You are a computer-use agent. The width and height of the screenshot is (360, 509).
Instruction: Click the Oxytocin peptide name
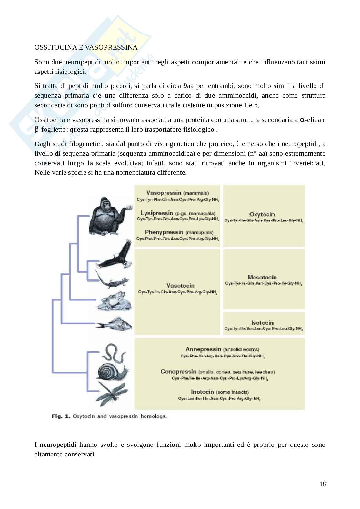pyautogui.click(x=262, y=214)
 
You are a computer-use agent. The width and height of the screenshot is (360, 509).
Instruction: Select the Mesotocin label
pyautogui.click(x=262, y=277)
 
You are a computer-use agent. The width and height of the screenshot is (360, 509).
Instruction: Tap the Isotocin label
pyautogui.click(x=262, y=323)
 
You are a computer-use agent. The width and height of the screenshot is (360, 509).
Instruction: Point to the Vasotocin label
pyautogui.click(x=180, y=285)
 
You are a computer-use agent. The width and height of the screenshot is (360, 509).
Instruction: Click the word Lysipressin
pyautogui.click(x=157, y=213)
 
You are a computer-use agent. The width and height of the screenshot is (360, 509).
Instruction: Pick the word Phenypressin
pyautogui.click(x=164, y=232)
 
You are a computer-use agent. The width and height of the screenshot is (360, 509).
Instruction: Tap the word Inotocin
pyautogui.click(x=202, y=392)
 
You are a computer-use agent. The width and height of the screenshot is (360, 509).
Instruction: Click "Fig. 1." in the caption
pyautogui.click(x=61, y=416)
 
